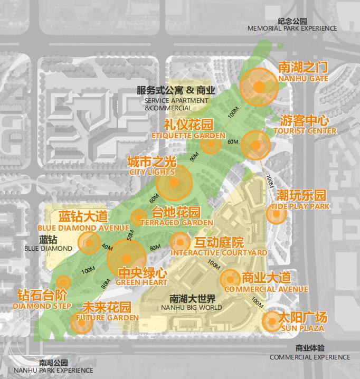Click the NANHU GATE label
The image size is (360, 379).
pos(303,79)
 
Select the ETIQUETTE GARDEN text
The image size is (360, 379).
pos(188,136)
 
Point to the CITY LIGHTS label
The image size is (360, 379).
pos(152,172)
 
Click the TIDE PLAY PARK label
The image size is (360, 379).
pos(300,206)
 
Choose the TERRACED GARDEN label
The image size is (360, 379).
pos(177,223)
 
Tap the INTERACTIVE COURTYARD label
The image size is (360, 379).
pos(219,253)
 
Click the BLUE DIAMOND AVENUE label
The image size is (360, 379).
pos(83,228)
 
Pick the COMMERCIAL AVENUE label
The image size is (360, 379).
pos(266,289)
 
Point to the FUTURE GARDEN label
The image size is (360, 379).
pos(108,318)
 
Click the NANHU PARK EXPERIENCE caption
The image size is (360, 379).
pos(53,371)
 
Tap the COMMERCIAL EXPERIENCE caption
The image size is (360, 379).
pos(310,357)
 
